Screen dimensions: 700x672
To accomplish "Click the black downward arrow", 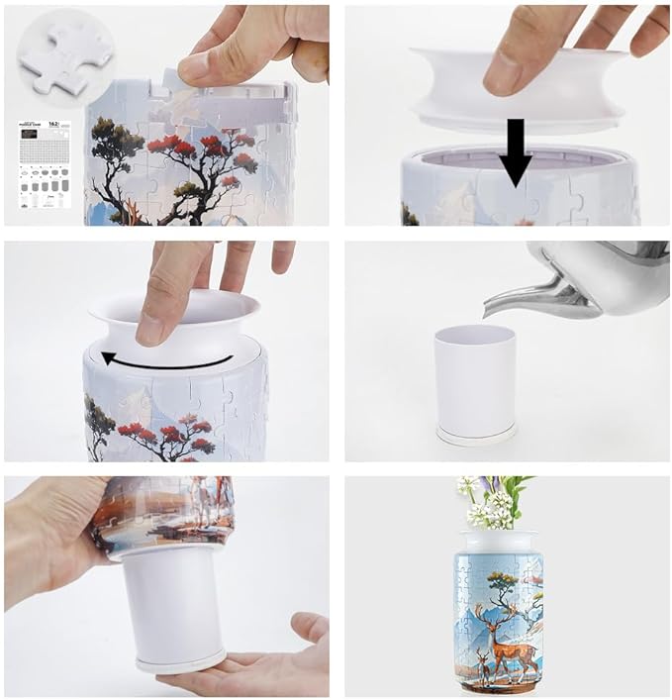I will tap(515, 149).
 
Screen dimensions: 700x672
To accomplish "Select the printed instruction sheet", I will tap(44, 163).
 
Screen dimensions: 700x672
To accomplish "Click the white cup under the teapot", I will tap(474, 376).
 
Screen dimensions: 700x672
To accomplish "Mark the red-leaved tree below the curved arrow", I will tap(168, 431).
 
